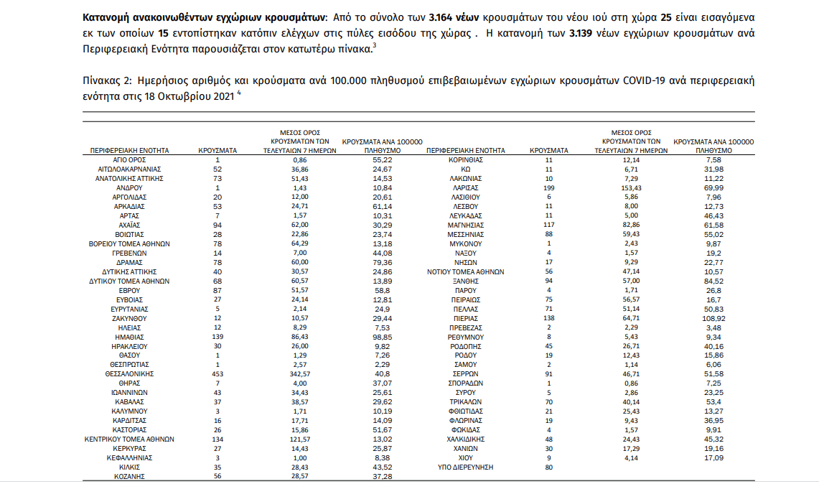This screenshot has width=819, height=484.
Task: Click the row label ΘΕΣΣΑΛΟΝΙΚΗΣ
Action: (x=130, y=373)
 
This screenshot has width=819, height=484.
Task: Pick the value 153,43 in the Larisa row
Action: (x=631, y=187)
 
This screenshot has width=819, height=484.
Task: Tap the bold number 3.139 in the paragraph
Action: (x=582, y=33)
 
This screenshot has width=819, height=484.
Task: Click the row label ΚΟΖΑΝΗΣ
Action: (x=130, y=475)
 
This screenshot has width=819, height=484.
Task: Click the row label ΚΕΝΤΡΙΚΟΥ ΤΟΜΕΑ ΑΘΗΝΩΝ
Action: (x=130, y=438)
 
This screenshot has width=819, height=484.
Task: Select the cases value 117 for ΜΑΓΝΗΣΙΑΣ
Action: (x=549, y=225)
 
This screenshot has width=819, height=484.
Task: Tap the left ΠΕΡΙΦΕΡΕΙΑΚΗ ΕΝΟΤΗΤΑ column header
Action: (x=130, y=151)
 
